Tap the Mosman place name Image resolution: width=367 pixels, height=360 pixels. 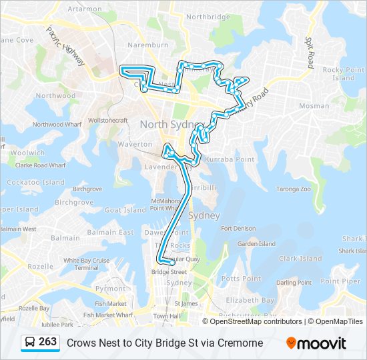coord(314,106)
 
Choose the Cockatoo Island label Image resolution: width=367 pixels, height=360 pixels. coord(36,182)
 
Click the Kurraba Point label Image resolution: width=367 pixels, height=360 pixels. coord(231,159)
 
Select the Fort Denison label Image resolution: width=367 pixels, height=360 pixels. coord(239,229)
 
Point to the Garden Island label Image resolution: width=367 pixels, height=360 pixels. coord(257,244)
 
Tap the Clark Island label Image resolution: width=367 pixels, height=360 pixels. coord(300,259)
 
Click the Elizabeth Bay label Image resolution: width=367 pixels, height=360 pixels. coord(251,300)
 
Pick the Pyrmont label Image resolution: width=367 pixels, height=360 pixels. coord(110,289)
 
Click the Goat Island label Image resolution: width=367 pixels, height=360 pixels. coord(125,210)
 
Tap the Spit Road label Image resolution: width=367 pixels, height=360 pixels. coord(310,51)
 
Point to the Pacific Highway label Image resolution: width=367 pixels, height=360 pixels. coord(65,46)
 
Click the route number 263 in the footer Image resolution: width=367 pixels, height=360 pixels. coord(47,342)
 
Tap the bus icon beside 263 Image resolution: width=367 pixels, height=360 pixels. coord(30,343)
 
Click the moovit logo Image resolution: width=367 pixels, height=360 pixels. coord(316,343)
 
